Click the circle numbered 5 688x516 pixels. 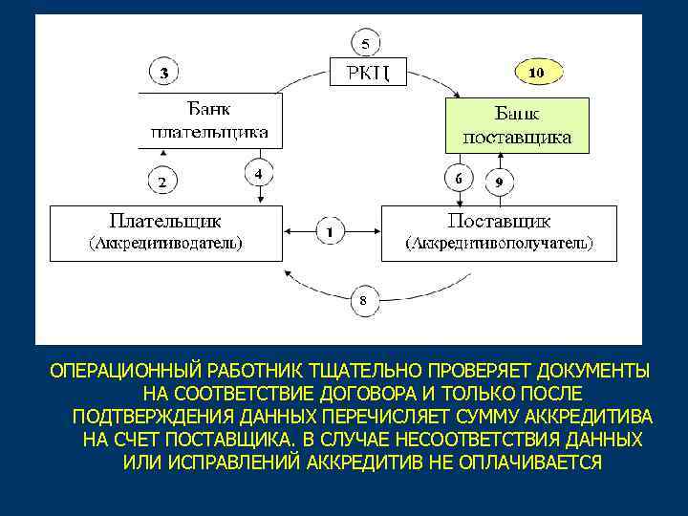(366, 42)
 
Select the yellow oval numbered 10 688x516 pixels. (536, 72)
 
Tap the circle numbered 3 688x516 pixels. (165, 72)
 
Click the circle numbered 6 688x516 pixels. (459, 179)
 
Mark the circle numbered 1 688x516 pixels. (330, 231)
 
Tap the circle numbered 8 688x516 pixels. (364, 302)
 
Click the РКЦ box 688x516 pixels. (368, 71)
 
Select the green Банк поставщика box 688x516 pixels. (517, 124)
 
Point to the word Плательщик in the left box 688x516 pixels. (165, 219)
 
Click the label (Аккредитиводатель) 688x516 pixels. (165, 243)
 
